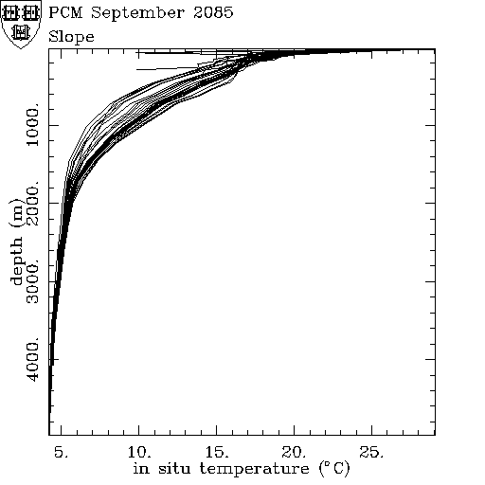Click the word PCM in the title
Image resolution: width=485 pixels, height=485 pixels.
(65, 13)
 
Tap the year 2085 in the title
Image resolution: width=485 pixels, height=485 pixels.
(213, 13)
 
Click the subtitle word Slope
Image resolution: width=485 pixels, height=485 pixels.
(71, 38)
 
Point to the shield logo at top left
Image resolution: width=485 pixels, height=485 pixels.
(21, 25)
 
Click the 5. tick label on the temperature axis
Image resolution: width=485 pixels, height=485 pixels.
(61, 452)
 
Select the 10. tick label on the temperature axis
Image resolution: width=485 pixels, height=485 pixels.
(139, 452)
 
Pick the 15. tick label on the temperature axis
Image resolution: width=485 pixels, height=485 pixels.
(217, 452)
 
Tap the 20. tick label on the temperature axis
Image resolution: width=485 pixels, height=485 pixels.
(294, 452)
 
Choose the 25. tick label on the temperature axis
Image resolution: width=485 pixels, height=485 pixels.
(371, 452)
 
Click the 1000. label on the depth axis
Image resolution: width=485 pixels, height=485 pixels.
(32, 124)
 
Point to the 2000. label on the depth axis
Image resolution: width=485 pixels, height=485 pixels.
(32, 203)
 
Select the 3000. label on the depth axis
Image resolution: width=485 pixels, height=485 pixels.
(32, 281)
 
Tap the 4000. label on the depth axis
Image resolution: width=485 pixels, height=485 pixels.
(32, 359)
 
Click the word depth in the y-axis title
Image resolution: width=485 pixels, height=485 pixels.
(17, 260)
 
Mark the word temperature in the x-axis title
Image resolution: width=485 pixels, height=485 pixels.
(254, 469)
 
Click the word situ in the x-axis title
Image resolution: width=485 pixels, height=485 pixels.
(174, 468)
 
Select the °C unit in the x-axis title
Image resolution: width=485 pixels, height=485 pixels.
(334, 469)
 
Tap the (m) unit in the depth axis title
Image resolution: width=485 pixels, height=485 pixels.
(16, 213)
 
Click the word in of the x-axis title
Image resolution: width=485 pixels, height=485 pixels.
(141, 468)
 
